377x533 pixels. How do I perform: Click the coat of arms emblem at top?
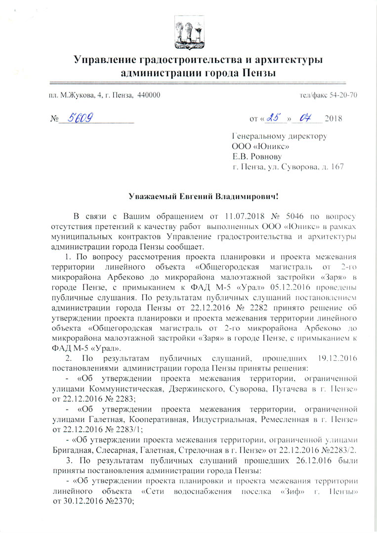(188, 32)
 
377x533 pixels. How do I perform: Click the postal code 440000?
(148, 95)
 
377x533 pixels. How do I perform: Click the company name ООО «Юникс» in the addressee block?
(261, 146)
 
